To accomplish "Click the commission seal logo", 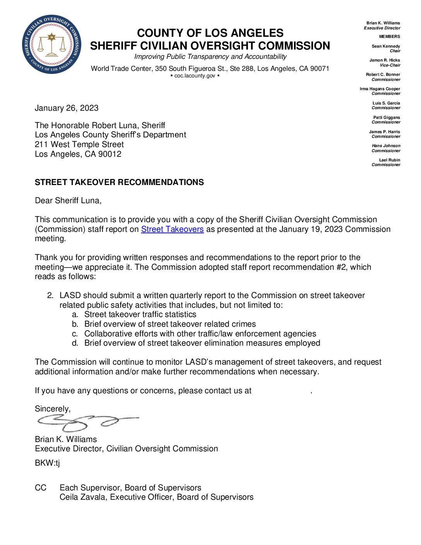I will [x=51, y=45].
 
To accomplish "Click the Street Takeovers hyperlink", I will [x=172, y=229].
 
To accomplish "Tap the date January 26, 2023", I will [x=67, y=108].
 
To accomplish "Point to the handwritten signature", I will [x=87, y=422].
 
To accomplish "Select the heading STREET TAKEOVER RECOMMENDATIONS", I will [x=119, y=182].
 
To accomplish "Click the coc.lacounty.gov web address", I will [x=195, y=76].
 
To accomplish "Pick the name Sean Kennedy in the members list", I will [x=385, y=46].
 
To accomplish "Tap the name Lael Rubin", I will [x=389, y=160].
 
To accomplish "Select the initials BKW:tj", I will [x=47, y=463].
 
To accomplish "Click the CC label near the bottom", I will [x=41, y=488].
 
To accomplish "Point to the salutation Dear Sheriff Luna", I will [x=68, y=201].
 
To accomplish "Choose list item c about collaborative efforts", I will [x=200, y=334].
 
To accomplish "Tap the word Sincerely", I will [x=53, y=409].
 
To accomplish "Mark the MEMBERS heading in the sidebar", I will [x=389, y=36].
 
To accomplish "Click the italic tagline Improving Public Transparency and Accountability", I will [x=210, y=57].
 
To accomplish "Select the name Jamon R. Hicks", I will [x=384, y=60].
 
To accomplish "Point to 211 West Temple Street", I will [x=79, y=144].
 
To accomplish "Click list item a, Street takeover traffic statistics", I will [x=140, y=315].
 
